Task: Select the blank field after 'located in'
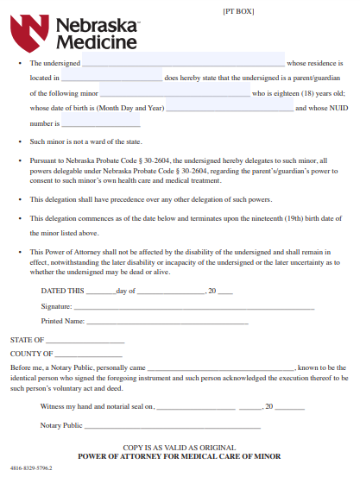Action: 112,78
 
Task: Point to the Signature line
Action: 194,306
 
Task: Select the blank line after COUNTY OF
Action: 89,354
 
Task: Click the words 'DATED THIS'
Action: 63,292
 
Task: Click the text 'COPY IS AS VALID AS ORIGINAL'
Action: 179,448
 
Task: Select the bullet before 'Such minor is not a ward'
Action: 19,141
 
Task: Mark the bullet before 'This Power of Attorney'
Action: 19,253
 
